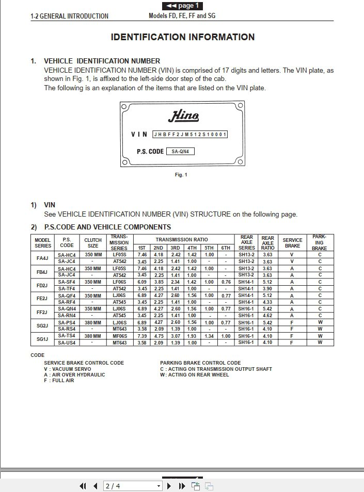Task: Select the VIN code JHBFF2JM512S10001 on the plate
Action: pyautogui.click(x=190, y=135)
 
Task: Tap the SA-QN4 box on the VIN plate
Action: pyautogui.click(x=181, y=152)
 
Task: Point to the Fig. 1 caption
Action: pyautogui.click(x=181, y=175)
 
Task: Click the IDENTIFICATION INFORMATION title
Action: pyautogui.click(x=183, y=37)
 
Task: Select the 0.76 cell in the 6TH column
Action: pyautogui.click(x=226, y=282)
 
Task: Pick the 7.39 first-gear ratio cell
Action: pyautogui.click(x=143, y=336)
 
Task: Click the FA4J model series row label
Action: pyautogui.click(x=42, y=258)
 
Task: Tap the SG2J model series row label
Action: pyautogui.click(x=42, y=325)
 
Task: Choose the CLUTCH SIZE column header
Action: pyautogui.click(x=93, y=243)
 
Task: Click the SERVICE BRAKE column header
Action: pyautogui.click(x=292, y=243)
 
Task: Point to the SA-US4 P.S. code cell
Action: pyautogui.click(x=67, y=342)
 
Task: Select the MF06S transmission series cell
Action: pyautogui.click(x=119, y=336)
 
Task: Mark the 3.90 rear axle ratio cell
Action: pyautogui.click(x=267, y=289)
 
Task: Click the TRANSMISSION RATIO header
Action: pyautogui.click(x=182, y=240)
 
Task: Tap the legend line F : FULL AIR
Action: pyautogui.click(x=59, y=381)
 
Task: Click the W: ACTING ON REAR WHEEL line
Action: pyautogui.click(x=195, y=375)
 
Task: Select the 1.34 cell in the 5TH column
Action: pyautogui.click(x=209, y=336)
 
